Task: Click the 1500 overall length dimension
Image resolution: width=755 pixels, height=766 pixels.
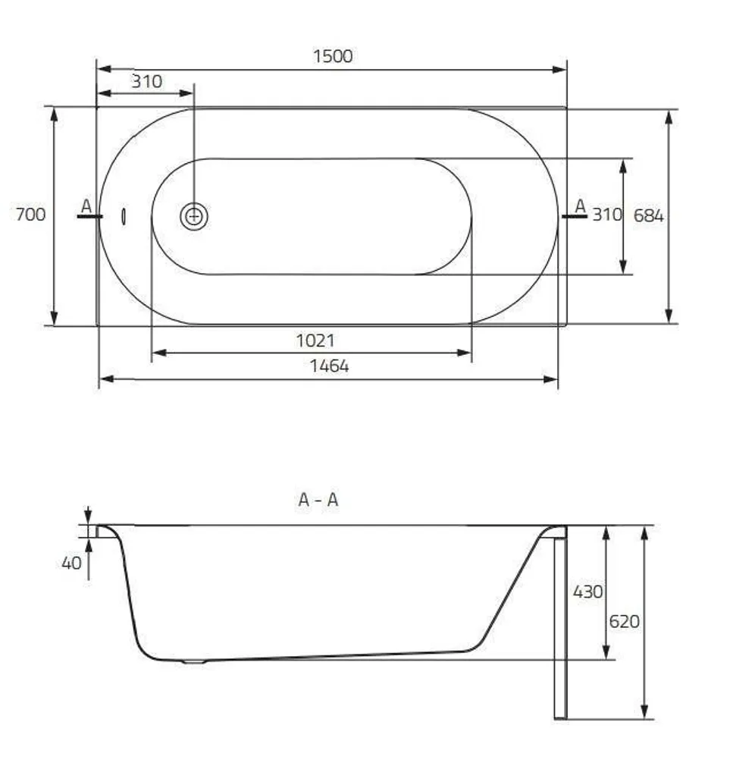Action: click(x=333, y=56)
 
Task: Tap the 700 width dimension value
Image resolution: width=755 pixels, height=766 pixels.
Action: click(x=30, y=215)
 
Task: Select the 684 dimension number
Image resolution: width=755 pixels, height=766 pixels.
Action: click(x=649, y=215)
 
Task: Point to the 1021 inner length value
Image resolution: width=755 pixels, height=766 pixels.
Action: click(x=315, y=341)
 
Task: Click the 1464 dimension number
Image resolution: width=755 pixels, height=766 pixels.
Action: click(x=330, y=366)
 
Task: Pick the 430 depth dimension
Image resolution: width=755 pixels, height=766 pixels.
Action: click(x=587, y=592)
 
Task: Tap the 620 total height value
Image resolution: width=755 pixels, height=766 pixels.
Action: click(x=624, y=622)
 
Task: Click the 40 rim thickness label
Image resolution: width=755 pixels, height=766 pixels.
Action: click(x=71, y=564)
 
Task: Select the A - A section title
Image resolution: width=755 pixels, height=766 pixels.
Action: click(x=318, y=500)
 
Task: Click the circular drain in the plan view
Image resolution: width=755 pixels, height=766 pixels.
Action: click(x=194, y=216)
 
